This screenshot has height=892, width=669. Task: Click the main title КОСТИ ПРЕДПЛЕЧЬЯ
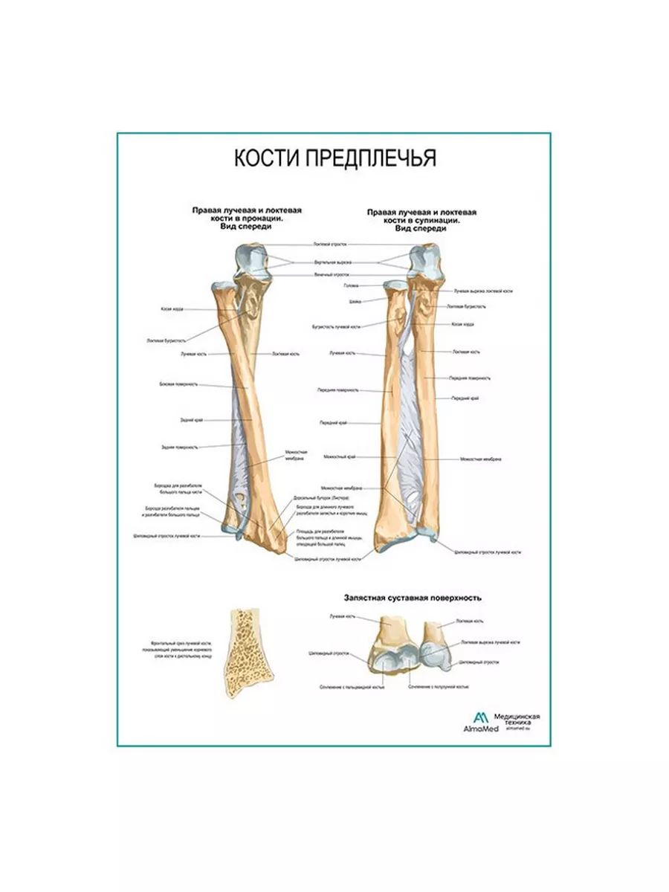point(335,159)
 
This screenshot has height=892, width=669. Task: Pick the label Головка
point(351,285)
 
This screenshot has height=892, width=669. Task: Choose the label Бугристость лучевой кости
point(336,326)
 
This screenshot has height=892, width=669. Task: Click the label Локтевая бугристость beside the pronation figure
point(164,340)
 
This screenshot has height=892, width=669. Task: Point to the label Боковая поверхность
point(178,384)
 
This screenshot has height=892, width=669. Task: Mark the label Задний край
point(186,418)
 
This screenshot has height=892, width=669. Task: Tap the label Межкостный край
point(340,456)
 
